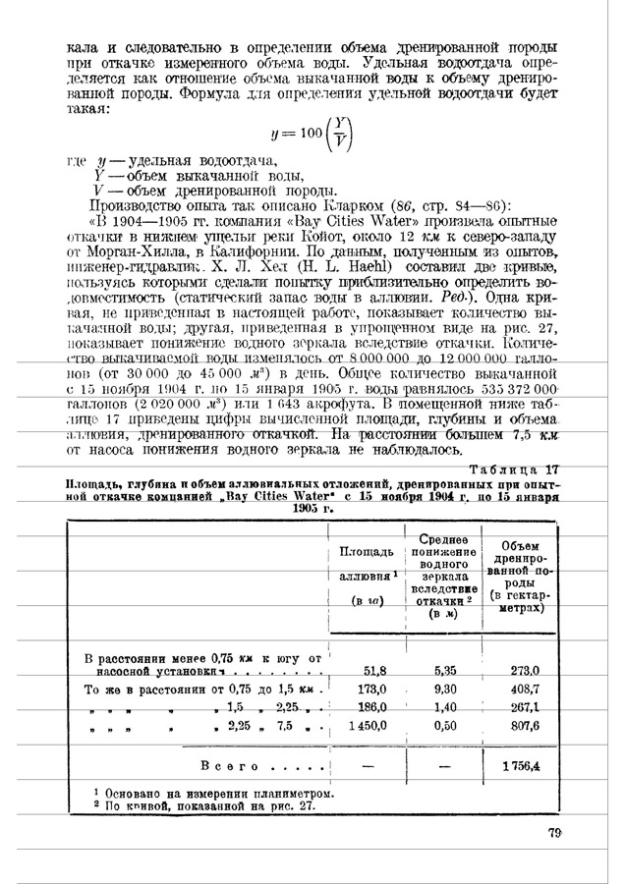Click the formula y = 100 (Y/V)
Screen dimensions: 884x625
pos(305,133)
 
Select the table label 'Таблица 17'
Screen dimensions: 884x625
pos(512,469)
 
